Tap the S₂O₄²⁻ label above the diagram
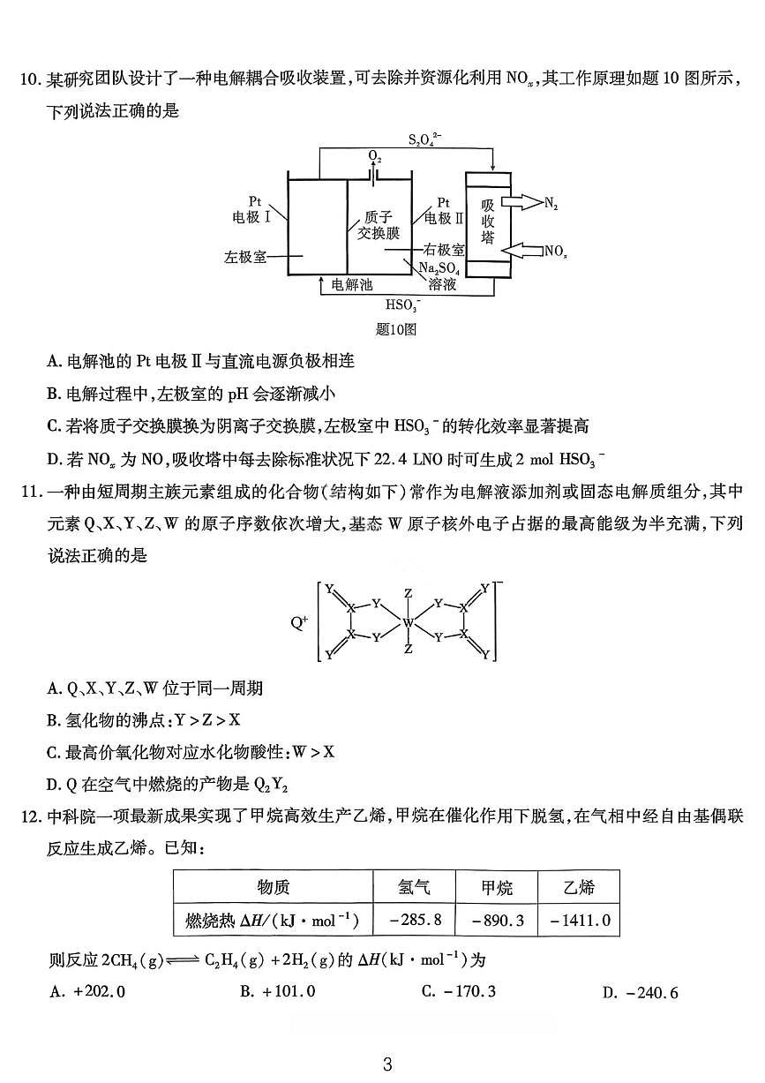click(426, 139)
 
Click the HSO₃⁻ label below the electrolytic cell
click(403, 305)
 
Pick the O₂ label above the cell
click(375, 156)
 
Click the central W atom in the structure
click(408, 623)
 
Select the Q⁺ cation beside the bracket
click(299, 621)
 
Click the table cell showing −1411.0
click(580, 920)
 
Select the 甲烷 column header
click(496, 887)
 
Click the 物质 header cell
click(273, 887)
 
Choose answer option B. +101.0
click(277, 991)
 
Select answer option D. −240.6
click(640, 992)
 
